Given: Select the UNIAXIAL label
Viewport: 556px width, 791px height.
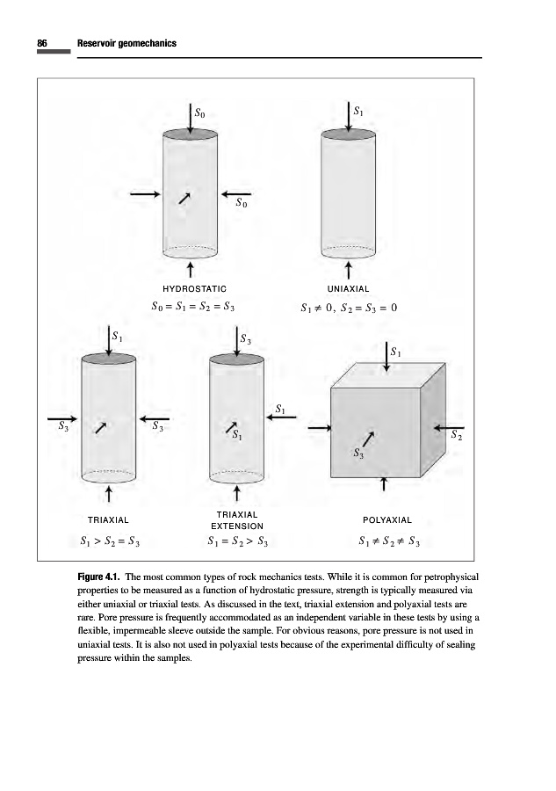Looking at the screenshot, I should pyautogui.click(x=348, y=288).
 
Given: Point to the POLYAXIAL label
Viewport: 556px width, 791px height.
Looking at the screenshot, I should pyautogui.click(x=387, y=520).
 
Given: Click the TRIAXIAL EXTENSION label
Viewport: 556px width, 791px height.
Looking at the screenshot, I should pyautogui.click(x=239, y=519).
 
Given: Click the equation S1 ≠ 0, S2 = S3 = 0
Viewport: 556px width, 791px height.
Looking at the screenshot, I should pyautogui.click(x=349, y=308).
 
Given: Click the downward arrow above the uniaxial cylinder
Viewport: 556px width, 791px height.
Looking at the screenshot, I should pyautogui.click(x=349, y=116).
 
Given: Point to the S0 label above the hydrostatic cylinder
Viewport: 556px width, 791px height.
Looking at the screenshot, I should pyautogui.click(x=201, y=112).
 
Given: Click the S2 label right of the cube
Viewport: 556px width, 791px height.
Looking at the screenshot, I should pyautogui.click(x=455, y=434).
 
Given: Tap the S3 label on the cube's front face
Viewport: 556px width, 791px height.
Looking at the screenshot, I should pyautogui.click(x=358, y=454).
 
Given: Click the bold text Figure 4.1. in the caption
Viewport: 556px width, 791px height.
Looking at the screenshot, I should pyautogui.click(x=99, y=577).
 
